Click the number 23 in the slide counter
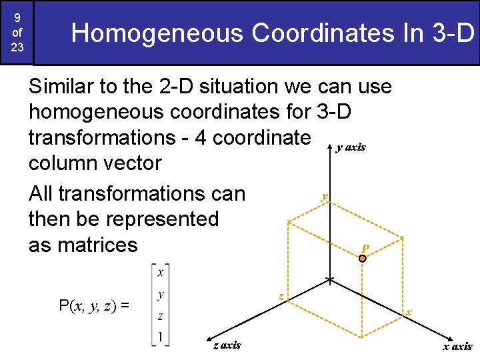click(17, 48)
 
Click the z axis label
click(227, 345)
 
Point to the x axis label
click(458, 346)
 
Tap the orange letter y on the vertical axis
click(324, 196)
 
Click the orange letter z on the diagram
click(281, 295)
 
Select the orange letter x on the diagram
click(409, 312)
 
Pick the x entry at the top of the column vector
click(160, 272)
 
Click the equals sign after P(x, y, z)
click(124, 307)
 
